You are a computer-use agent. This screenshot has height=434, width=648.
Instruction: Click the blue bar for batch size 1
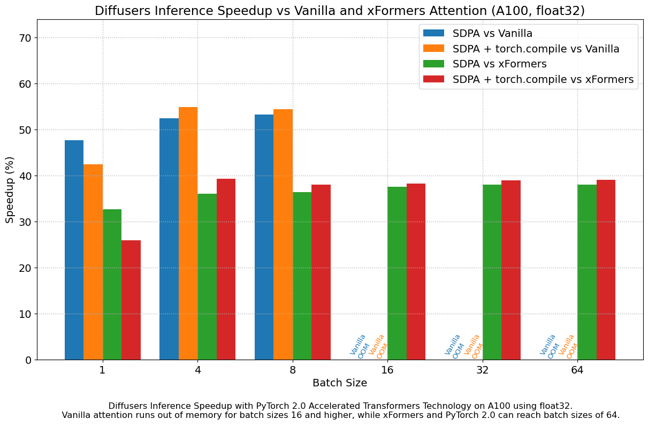click(x=74, y=250)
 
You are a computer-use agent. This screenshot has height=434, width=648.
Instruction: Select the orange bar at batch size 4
click(x=188, y=233)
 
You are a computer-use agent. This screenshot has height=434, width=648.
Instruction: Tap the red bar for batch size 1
click(x=131, y=300)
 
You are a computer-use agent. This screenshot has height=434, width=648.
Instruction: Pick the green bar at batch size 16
click(x=397, y=273)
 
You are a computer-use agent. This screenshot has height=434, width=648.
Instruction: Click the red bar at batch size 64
click(x=606, y=270)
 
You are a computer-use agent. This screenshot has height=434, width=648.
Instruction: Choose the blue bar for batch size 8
click(x=264, y=237)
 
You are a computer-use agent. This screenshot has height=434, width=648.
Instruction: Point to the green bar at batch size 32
click(x=492, y=272)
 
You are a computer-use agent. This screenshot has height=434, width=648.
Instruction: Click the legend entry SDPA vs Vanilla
click(x=492, y=34)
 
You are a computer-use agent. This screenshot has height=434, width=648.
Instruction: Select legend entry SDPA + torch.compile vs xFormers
click(x=543, y=80)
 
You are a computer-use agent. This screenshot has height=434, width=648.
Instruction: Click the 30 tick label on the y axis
click(x=24, y=222)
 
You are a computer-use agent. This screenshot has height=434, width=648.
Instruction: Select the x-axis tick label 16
click(x=387, y=370)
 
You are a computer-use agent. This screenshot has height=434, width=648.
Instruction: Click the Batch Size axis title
click(x=340, y=383)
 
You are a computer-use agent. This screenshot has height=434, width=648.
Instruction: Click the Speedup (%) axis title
click(x=10, y=190)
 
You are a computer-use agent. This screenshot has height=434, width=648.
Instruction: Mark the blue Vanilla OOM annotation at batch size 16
click(x=359, y=346)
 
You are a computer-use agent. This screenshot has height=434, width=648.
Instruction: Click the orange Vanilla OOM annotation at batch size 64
click(x=568, y=346)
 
